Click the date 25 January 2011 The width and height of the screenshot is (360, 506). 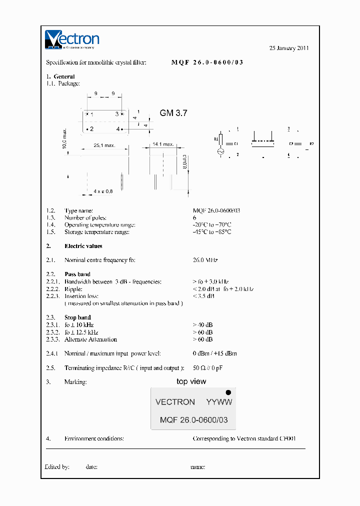coord(289,48)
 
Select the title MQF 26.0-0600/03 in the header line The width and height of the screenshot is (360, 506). coord(207,62)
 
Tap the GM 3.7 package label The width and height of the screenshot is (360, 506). coord(173,113)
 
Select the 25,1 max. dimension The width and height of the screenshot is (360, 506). coord(104,145)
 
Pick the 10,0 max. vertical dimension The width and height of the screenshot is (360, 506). coord(64,137)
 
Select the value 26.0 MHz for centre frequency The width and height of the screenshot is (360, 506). coord(205,260)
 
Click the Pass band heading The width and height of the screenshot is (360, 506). coord(77,274)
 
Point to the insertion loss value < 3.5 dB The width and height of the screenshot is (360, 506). coord(203,296)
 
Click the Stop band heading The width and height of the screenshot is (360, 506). coord(77,317)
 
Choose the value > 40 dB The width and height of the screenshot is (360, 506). coord(202,325)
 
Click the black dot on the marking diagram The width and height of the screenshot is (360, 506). coord(228,393)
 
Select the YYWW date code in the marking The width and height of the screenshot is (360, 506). coord(219,402)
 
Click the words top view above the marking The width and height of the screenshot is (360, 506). coord(191,381)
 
